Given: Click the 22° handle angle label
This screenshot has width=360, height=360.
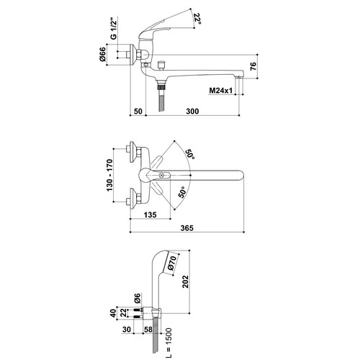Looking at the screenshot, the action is (x=197, y=19).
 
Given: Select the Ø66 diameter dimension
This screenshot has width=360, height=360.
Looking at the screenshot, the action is (x=102, y=54).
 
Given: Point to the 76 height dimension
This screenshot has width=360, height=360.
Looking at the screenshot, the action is (x=253, y=66).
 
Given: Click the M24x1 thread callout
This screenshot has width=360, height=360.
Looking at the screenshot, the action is (x=221, y=91).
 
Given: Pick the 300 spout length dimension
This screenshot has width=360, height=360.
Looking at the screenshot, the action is (x=192, y=111).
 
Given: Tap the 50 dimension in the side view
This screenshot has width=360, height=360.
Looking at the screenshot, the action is (x=138, y=111).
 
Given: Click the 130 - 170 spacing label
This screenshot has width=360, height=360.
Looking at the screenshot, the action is (x=109, y=175).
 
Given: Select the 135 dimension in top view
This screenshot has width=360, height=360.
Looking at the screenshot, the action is (x=150, y=215).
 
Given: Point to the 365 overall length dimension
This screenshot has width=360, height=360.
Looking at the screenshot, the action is (x=186, y=228).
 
